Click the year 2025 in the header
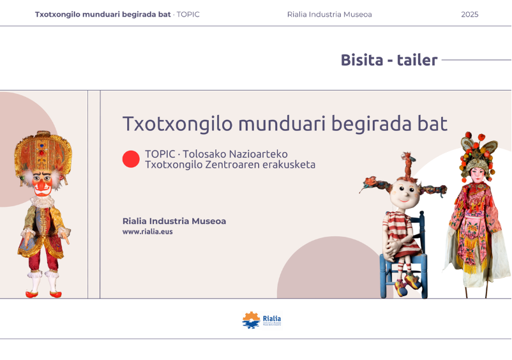click(x=469, y=15)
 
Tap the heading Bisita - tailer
click(x=389, y=61)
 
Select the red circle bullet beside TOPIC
click(x=131, y=159)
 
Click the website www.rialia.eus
click(x=147, y=232)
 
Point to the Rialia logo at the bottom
click(x=261, y=320)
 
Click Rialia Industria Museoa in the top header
click(x=329, y=15)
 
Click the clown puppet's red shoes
click(x=42, y=294)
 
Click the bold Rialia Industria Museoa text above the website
click(x=174, y=221)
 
